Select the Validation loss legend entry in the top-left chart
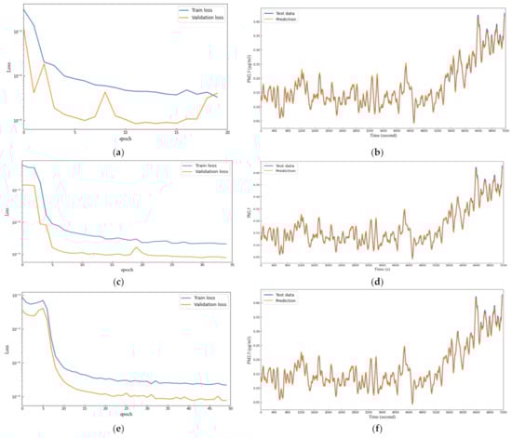(x=203, y=20)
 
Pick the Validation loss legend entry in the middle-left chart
(x=203, y=172)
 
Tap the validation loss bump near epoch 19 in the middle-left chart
(x=137, y=247)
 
